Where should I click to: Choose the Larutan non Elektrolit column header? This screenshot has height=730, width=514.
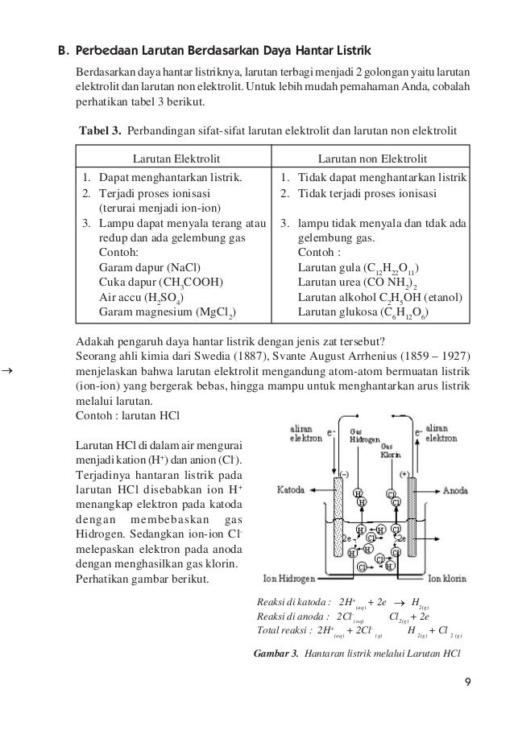pos(372,159)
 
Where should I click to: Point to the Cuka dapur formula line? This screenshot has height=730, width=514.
pos(160,282)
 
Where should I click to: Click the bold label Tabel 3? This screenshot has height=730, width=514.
pos(99,130)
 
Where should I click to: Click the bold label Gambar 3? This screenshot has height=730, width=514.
pos(275,650)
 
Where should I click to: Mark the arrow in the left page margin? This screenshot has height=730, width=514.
pos(7,372)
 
